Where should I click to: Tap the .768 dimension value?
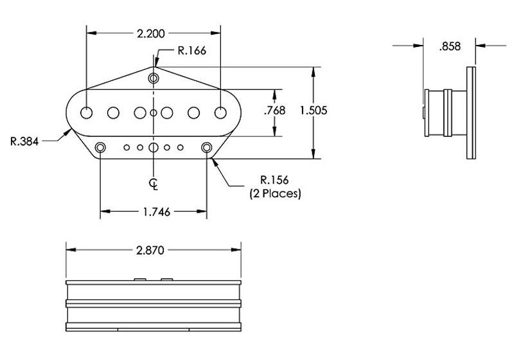(274, 111)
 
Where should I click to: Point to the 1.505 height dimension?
(314, 110)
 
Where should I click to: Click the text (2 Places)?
(275, 193)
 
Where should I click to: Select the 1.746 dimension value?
(154, 212)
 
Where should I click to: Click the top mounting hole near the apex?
(154, 78)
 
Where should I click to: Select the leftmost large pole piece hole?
(87, 113)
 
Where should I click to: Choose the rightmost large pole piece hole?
(220, 113)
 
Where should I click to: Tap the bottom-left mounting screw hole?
(100, 148)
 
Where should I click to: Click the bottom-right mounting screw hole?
(207, 148)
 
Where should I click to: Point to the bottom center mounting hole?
(154, 148)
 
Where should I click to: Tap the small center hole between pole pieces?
(154, 113)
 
